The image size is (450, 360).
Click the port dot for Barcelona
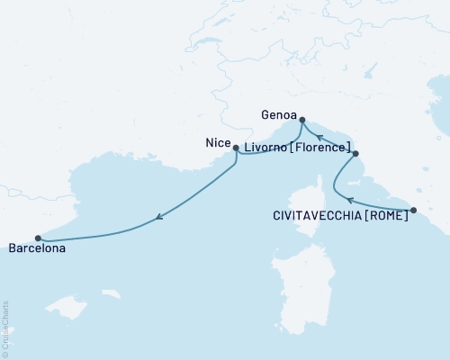pos(38,238)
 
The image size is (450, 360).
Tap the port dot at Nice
pos(236,148)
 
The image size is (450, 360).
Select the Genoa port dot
pos(301,120)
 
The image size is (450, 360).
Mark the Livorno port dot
pos(356,154)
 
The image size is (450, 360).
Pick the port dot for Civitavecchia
pos(413,211)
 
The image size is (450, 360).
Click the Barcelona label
pos(37,249)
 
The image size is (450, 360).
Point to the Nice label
pos(216,142)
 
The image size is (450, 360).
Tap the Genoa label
pos(275,115)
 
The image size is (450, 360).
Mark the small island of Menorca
pos(112,293)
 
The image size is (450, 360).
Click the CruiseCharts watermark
pos(4,329)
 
